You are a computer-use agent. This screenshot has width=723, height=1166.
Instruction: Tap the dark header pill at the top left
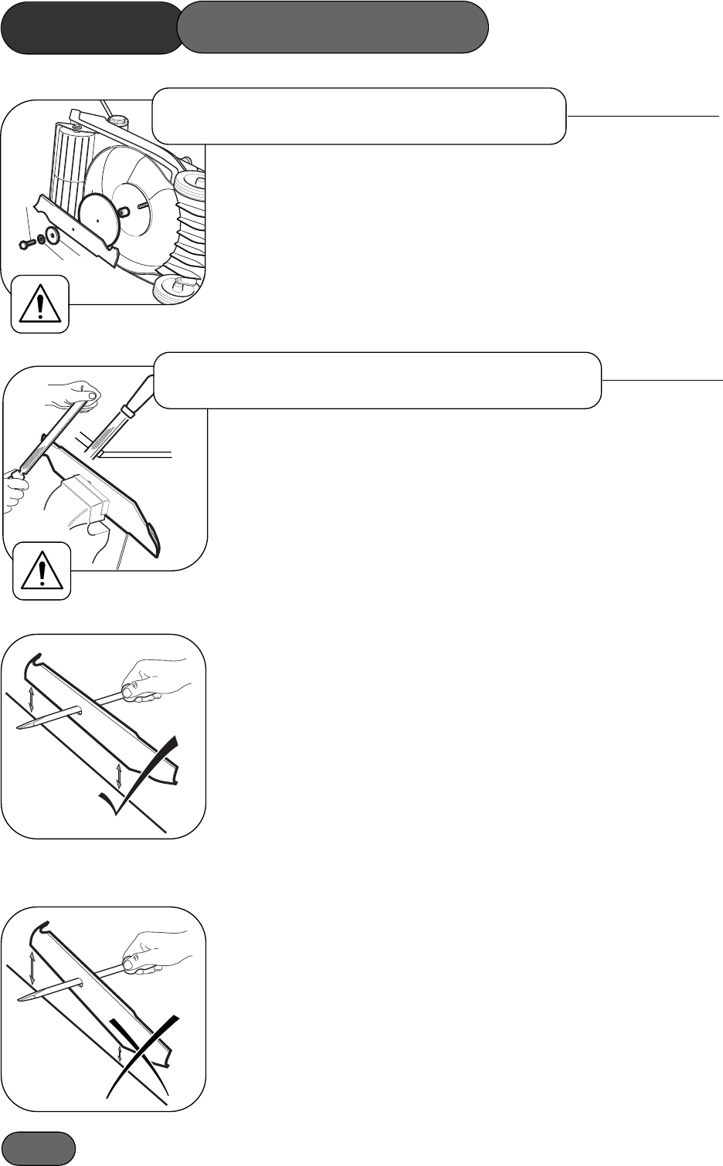point(90,27)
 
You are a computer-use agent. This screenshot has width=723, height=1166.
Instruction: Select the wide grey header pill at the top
point(333,27)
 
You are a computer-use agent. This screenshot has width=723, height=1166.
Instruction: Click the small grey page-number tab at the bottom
point(38,1148)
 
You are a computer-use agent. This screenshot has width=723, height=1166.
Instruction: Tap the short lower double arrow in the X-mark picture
point(120,1053)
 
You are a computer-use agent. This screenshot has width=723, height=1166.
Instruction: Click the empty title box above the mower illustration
point(359,116)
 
